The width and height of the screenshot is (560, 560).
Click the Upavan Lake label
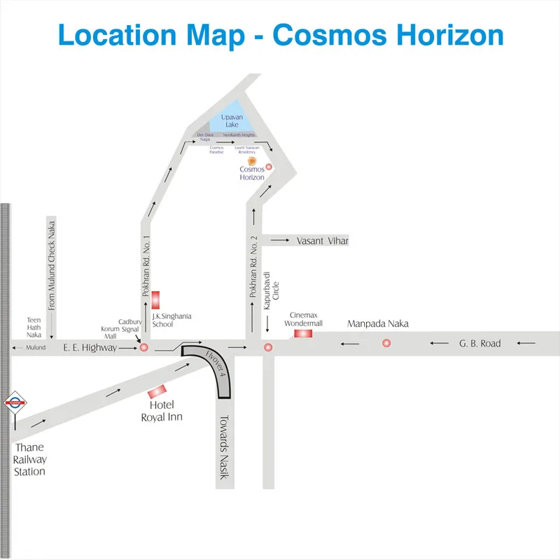coord(231,120)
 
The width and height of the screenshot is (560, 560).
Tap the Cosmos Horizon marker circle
coord(268,167)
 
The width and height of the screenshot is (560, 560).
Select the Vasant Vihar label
coord(322,241)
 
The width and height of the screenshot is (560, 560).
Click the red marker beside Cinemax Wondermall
coord(303,333)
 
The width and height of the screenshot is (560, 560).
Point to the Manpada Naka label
coord(378,324)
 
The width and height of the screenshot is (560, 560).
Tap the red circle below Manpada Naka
coord(386,343)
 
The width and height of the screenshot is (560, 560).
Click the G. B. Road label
coord(480,344)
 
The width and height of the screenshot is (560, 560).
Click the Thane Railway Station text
coord(31,459)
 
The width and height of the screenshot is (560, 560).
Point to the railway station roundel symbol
coord(15,402)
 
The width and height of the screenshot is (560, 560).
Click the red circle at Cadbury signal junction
coord(144,347)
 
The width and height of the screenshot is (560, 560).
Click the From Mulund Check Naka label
coord(52,274)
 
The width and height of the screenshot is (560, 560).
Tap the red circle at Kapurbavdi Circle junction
coord(267,347)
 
